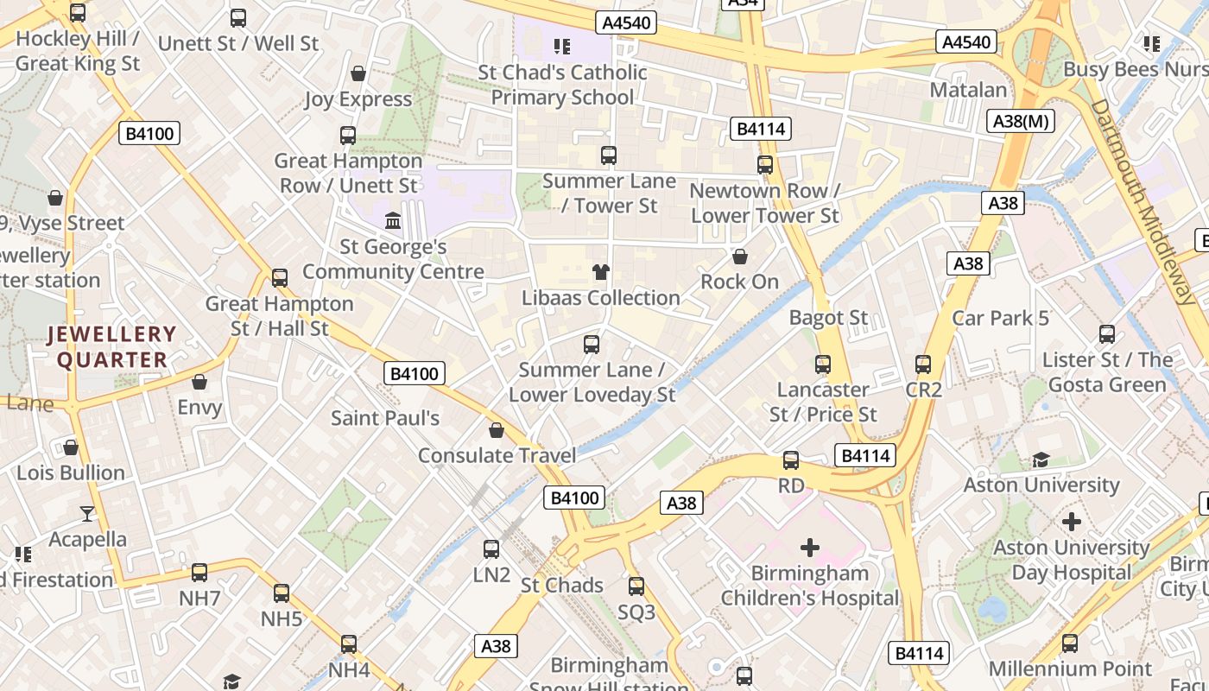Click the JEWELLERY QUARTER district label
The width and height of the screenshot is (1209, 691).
click(x=111, y=346)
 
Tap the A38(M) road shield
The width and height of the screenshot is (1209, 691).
click(x=1022, y=121)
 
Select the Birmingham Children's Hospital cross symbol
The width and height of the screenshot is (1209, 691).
click(x=809, y=547)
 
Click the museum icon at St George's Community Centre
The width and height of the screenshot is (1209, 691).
click(x=393, y=221)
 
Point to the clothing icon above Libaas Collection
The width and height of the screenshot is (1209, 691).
click(x=601, y=272)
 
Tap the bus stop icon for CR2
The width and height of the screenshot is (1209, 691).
click(x=923, y=365)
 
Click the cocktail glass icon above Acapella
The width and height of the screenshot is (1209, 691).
click(x=87, y=514)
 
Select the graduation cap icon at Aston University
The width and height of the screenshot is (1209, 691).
click(x=1041, y=460)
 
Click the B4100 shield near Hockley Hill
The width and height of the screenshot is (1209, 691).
click(x=149, y=133)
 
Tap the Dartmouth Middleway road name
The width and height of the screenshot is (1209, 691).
click(x=1145, y=201)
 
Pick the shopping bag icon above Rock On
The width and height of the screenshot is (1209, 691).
click(x=739, y=257)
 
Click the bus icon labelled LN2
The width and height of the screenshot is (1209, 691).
click(x=491, y=548)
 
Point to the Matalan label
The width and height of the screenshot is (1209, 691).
click(x=968, y=90)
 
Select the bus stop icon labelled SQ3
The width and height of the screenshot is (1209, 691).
click(x=636, y=586)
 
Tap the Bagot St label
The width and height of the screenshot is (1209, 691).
click(x=828, y=317)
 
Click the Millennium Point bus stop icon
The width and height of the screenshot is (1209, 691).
click(x=1070, y=643)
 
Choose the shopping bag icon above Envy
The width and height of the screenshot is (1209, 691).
click(x=199, y=381)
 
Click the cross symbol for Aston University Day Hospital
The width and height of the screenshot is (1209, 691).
click(x=1071, y=522)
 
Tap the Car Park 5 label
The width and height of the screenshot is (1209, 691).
click(x=1000, y=318)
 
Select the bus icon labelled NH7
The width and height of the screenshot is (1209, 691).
click(x=199, y=572)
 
